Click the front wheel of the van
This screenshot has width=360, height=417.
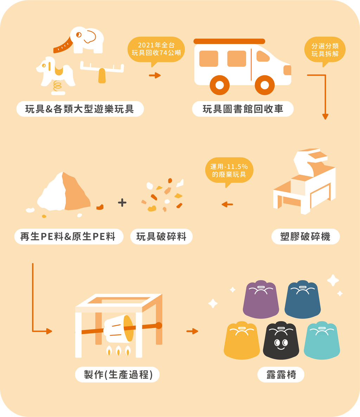(265, 85)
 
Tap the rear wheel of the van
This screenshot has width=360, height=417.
(220, 85)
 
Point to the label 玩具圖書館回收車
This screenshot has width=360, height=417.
(243, 109)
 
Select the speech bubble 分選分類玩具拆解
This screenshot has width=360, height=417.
(325, 51)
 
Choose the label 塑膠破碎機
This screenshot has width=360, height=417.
(306, 236)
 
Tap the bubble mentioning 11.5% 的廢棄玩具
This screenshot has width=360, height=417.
(229, 171)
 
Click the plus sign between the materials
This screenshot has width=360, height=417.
(122, 203)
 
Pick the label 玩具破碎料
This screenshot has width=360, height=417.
(161, 236)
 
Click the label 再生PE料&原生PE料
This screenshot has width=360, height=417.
(69, 236)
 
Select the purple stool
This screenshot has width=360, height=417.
(261, 299)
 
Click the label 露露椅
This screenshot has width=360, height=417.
(281, 375)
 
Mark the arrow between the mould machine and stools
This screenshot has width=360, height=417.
(192, 331)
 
